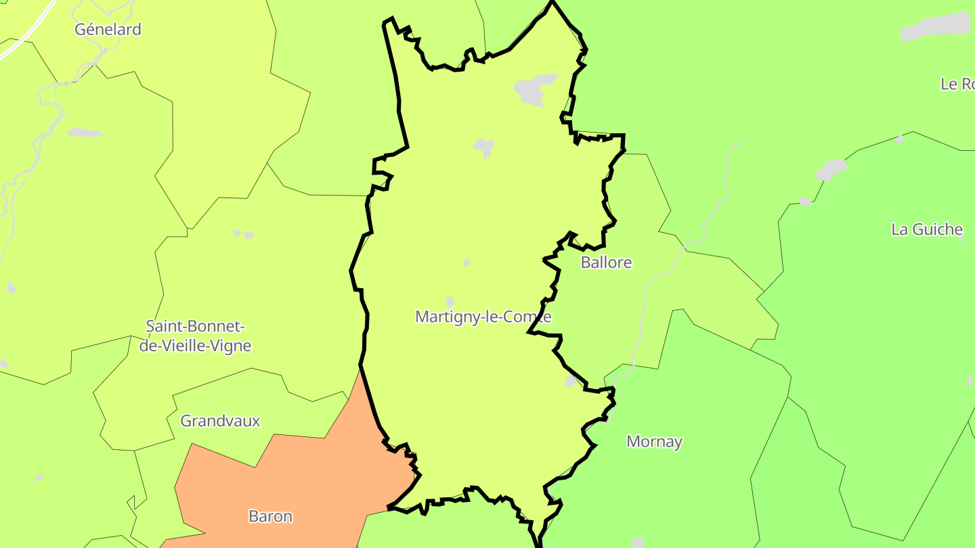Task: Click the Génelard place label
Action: click(x=108, y=29)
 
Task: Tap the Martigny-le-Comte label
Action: click(x=483, y=317)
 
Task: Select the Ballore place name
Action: click(x=606, y=262)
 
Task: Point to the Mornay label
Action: click(x=654, y=442)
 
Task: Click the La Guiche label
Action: click(x=926, y=229)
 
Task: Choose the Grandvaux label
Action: click(x=220, y=421)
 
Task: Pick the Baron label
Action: click(x=271, y=516)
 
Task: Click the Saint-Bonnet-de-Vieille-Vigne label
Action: click(x=195, y=336)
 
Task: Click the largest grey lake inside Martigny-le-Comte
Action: click(x=534, y=89)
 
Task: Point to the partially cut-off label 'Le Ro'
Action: click(x=958, y=84)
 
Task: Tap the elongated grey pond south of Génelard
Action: click(x=85, y=132)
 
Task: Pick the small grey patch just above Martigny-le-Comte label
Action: click(x=450, y=302)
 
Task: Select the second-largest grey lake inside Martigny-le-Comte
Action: click(x=484, y=146)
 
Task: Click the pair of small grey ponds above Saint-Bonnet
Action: click(x=244, y=234)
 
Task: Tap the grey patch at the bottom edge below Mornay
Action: click(x=638, y=542)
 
